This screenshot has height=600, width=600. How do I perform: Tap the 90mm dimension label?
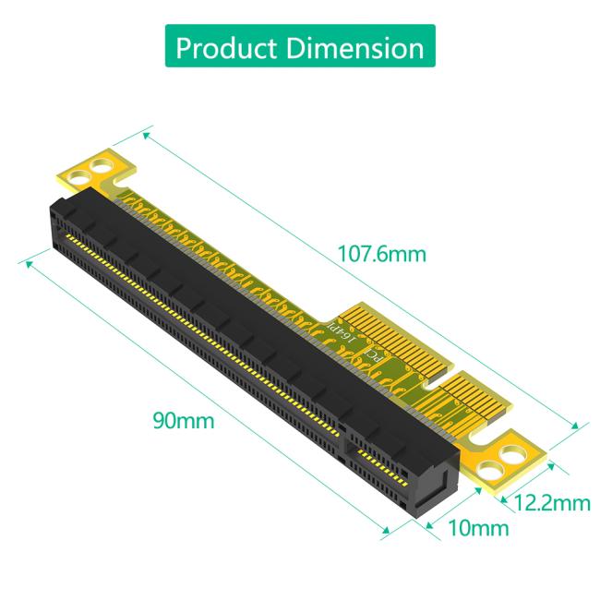183,422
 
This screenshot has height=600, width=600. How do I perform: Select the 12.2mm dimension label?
552,503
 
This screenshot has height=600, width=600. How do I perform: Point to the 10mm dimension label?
478,529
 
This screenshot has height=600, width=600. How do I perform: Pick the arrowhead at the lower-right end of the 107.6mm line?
579,426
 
